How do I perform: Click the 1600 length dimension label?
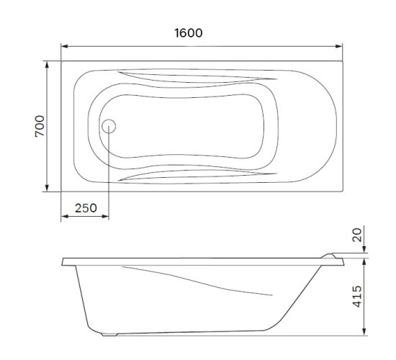click(189, 33)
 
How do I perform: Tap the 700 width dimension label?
click(40, 126)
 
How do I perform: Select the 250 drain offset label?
click(86, 208)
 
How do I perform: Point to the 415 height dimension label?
click(357, 297)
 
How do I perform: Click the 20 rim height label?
click(357, 235)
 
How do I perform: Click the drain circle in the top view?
click(109, 126)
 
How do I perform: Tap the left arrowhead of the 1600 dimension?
click(65, 46)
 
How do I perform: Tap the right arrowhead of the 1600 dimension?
click(338, 46)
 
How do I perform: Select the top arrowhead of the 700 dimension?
click(47, 65)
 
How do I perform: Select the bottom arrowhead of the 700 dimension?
click(47, 188)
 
